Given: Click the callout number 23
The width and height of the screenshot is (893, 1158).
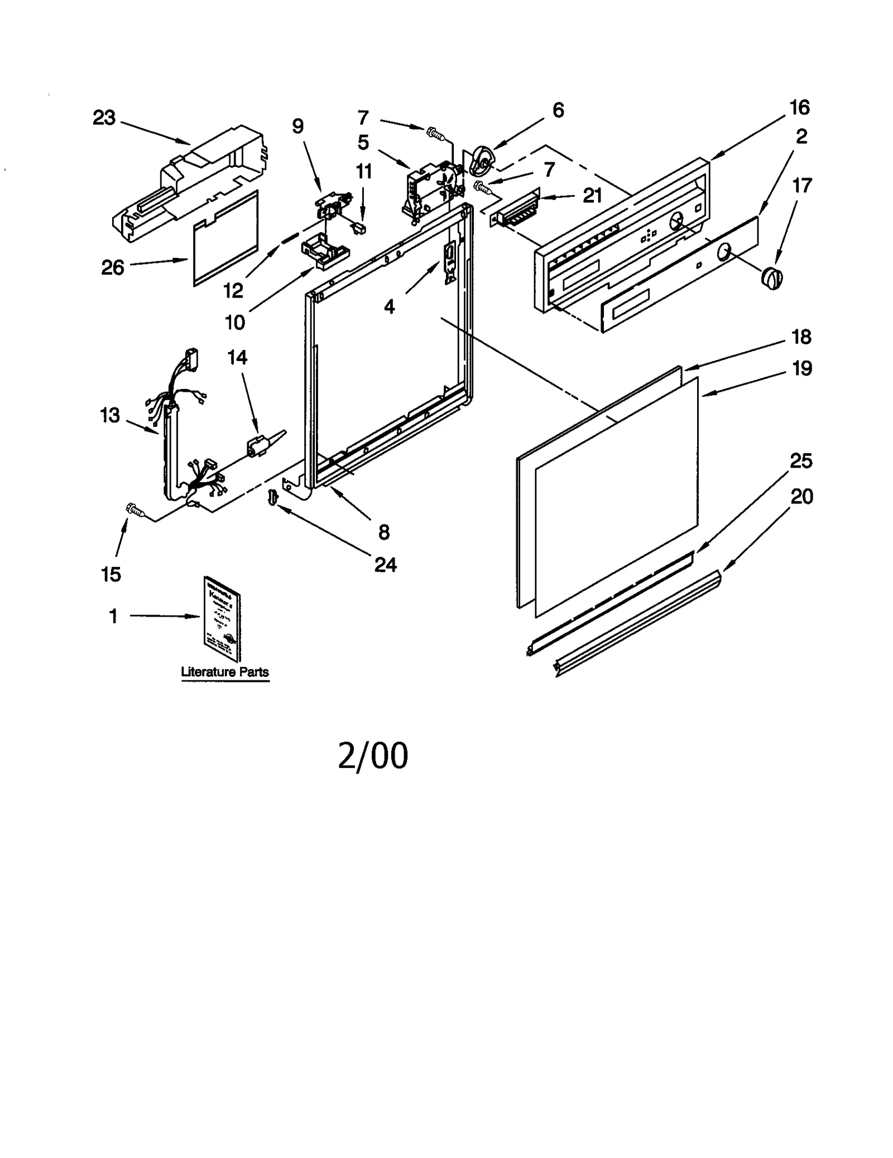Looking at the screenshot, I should point(104,118).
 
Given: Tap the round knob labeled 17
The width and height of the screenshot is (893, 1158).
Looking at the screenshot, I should point(772,277).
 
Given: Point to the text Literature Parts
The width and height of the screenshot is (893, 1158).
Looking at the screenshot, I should point(224,672).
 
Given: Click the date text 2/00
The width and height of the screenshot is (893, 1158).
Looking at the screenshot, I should point(373,756).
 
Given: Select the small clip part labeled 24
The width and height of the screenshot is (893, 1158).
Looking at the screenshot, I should point(272,496).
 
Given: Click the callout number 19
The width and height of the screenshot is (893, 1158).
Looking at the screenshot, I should point(801,368).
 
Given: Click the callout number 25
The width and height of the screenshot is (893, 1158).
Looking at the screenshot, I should point(800,461).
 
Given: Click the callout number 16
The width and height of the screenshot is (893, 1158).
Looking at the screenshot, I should point(799,107).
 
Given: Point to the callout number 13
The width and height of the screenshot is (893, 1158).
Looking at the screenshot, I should point(110,415).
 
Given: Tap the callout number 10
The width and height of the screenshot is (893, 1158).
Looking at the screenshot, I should point(234,322).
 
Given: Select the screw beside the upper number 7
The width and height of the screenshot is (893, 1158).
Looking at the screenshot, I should point(434,133).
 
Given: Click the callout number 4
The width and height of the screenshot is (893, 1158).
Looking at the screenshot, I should point(389,306).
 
